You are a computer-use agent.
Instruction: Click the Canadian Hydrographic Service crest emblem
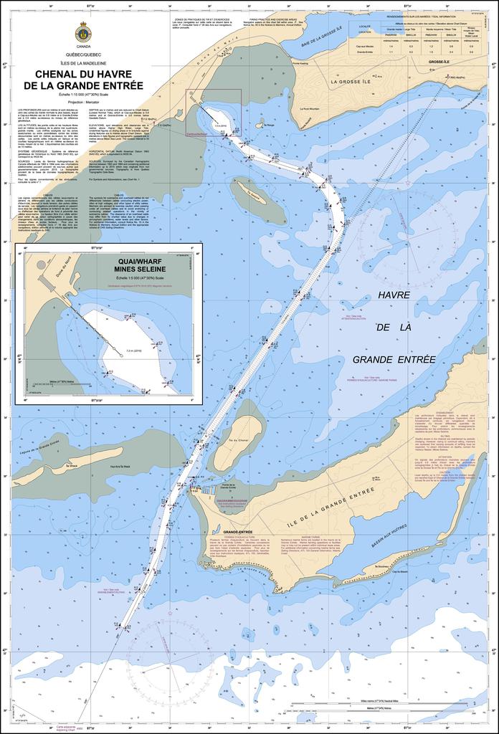[82, 32]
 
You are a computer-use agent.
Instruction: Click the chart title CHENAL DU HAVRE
[83, 73]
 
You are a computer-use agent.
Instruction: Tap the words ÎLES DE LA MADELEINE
[83, 62]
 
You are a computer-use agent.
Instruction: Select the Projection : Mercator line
[83, 102]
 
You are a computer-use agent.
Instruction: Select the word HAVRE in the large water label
[393, 295]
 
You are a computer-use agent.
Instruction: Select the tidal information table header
[420, 16]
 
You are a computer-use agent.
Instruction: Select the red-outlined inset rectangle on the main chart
[213, 112]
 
